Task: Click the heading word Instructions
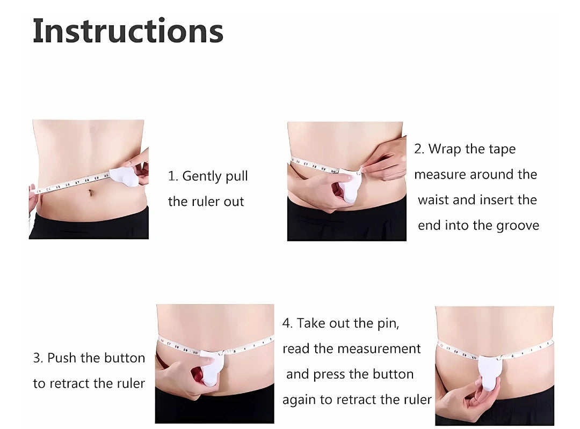(128, 31)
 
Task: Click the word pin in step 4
(388, 324)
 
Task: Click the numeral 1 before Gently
(171, 176)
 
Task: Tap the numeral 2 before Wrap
(418, 149)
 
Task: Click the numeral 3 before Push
(37, 358)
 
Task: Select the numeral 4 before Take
(286, 323)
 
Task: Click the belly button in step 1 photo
(90, 193)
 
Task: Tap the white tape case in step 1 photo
(125, 176)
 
